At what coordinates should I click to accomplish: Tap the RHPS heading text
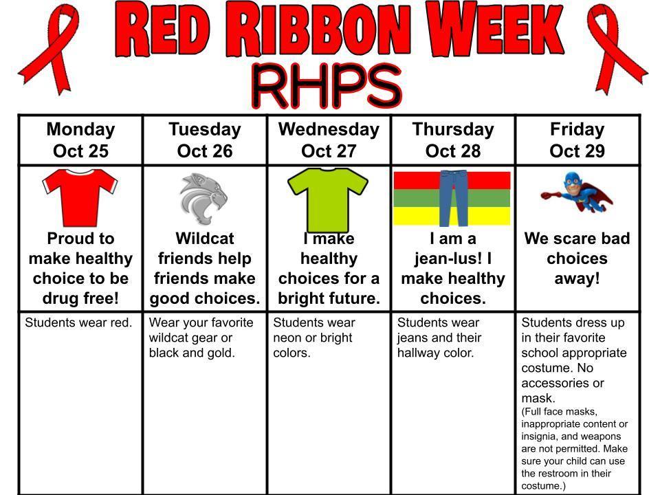pos(327,87)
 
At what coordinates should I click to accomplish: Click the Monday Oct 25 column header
pos(81,140)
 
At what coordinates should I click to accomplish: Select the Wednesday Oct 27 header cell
pos(329,140)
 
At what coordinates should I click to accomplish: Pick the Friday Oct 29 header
pos(577,140)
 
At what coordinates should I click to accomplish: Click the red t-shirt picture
pos(80,198)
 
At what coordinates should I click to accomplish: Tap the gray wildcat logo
pos(203,199)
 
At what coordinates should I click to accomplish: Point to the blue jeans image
pos(453,198)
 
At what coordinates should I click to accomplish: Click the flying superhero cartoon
pos(577,192)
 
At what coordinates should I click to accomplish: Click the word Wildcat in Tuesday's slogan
pos(205,239)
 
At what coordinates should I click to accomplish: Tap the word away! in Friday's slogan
pos(577,278)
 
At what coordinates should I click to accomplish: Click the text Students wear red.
pos(78,323)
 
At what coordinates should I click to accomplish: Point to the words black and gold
pos(192,353)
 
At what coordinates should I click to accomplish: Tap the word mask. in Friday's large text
pos(538,398)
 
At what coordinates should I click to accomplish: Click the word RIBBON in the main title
pos(324,30)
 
